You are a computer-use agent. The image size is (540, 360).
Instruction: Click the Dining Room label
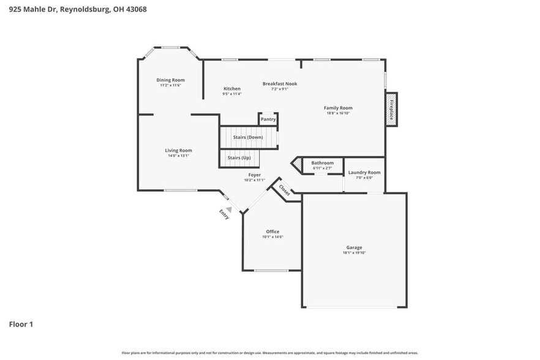coord(170,80)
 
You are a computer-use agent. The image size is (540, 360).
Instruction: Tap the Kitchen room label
coord(231,89)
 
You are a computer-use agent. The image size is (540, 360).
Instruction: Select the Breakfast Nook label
coord(280,83)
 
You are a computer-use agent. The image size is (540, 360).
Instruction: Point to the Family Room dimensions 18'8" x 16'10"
coord(338,113)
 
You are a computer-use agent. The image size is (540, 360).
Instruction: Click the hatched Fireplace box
coord(391,109)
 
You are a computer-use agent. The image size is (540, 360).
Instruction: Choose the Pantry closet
coord(268,119)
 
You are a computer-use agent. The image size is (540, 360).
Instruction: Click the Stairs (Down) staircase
coord(248,137)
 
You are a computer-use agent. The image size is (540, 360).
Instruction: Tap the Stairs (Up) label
coord(239,158)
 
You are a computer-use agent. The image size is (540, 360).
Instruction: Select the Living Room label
coord(178,151)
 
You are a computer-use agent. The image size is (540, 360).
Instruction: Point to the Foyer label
coord(254,175)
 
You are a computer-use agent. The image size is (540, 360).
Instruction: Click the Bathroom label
coord(322,163)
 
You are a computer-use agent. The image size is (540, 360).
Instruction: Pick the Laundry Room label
coord(364,173)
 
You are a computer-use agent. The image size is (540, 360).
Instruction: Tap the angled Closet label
coord(284,190)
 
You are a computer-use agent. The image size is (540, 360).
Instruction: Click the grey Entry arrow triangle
coord(229,209)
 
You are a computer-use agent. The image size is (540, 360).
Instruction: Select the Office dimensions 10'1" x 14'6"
coord(272,237)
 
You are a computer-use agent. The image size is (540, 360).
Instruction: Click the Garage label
coord(354,247)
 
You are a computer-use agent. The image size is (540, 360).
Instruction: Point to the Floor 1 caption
coord(21,324)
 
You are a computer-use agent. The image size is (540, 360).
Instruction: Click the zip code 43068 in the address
coord(135,9)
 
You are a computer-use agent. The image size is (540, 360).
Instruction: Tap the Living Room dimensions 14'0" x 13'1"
coord(178,156)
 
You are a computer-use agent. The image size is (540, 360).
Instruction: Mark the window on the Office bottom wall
coord(271,270)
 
